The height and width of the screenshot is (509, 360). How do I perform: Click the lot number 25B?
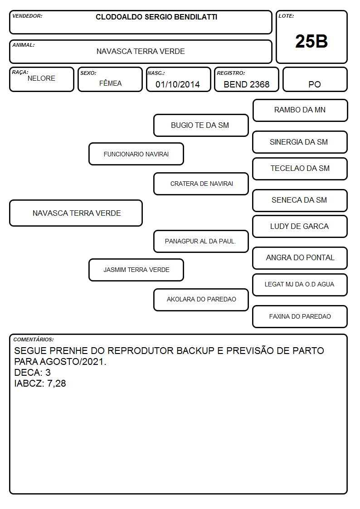(x=311, y=41)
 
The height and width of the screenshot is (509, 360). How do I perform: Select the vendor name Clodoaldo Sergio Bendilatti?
(x=156, y=17)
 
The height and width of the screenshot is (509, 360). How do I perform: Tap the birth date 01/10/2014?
(x=178, y=84)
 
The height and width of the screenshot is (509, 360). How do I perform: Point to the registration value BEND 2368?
(x=246, y=84)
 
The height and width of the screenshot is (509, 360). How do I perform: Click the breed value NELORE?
(x=41, y=78)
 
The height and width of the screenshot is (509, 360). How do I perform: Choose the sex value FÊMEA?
(x=110, y=83)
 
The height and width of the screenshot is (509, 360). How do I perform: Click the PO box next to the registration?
(x=315, y=79)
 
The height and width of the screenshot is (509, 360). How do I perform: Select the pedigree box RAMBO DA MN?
(x=300, y=111)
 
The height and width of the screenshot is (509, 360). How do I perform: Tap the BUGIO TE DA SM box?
(x=201, y=125)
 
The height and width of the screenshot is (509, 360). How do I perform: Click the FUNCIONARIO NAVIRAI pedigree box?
(x=136, y=154)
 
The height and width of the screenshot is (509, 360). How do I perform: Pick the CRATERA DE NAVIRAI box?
(x=201, y=184)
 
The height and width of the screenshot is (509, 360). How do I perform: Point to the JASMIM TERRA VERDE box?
(x=136, y=270)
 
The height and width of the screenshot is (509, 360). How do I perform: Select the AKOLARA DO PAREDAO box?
(x=201, y=300)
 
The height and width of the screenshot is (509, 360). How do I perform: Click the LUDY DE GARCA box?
(x=300, y=227)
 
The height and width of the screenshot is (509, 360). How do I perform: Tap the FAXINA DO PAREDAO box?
(x=300, y=316)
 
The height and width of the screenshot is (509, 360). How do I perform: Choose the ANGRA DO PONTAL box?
(x=300, y=258)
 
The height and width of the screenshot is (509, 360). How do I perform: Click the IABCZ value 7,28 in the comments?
(x=57, y=384)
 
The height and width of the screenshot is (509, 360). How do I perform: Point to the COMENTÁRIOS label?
(x=34, y=339)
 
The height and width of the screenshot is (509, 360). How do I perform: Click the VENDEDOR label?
(x=27, y=16)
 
